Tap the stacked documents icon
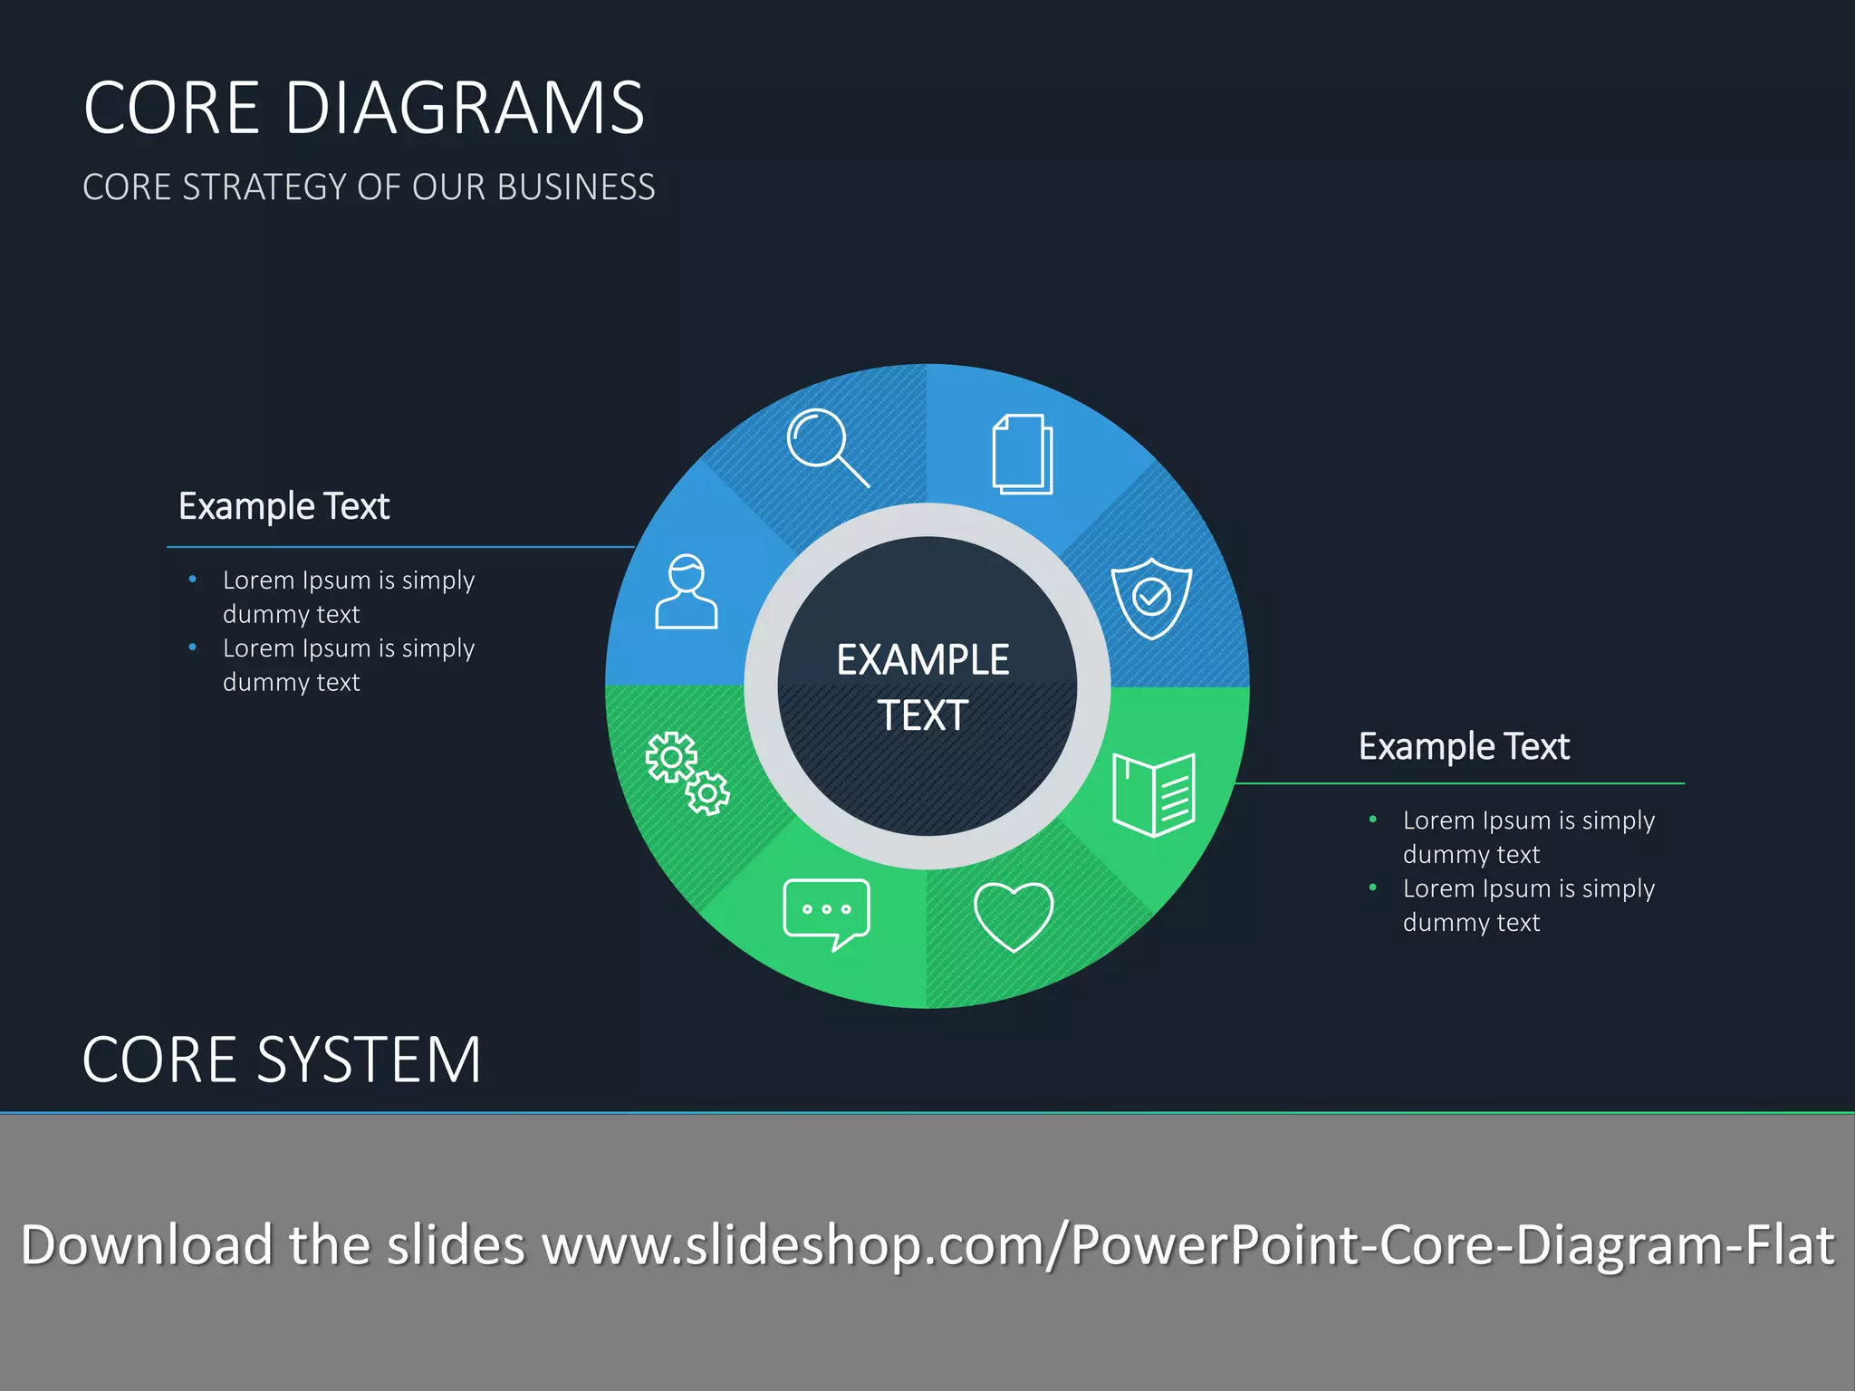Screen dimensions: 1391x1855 tap(1023, 455)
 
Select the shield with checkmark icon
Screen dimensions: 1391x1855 tap(1151, 598)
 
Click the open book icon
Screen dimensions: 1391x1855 tap(1153, 794)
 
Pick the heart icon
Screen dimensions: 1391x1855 tap(1013, 916)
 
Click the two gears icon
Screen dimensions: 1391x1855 tap(687, 772)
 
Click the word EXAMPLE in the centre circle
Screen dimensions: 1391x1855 tap(922, 660)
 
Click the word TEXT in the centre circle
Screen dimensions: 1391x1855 tap(922, 715)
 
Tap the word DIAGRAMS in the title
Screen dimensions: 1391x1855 tap(464, 109)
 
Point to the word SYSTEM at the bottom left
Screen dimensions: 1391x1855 tap(369, 1060)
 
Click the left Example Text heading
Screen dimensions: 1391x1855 tap(284, 506)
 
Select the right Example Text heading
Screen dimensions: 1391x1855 tap(1464, 747)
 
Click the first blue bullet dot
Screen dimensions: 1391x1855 tap(192, 579)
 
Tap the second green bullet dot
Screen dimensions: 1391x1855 tap(1372, 887)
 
